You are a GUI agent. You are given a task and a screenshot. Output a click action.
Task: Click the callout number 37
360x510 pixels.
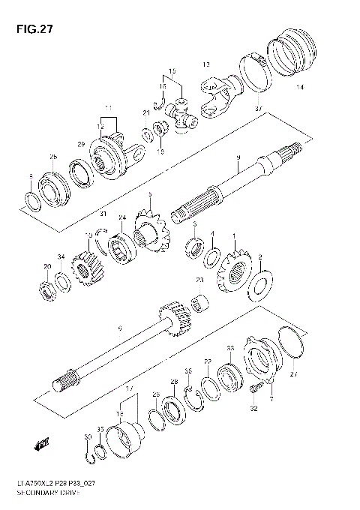258,110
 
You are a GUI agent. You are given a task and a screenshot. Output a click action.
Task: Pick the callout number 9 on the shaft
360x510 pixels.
237,157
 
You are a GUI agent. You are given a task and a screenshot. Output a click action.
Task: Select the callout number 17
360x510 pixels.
130,389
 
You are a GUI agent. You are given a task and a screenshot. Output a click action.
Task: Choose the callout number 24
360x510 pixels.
122,218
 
